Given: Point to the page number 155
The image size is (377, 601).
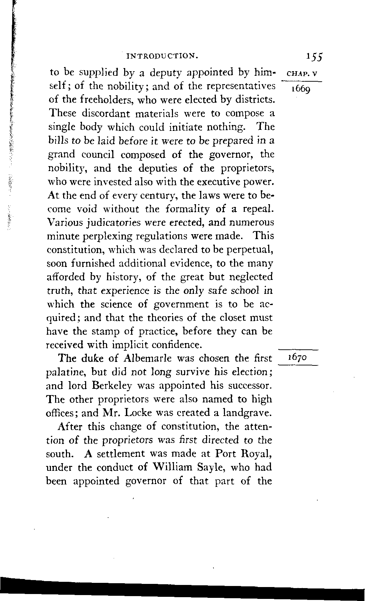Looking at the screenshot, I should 314,57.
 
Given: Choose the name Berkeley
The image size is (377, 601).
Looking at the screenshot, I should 113,386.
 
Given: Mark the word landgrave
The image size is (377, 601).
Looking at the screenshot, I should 247,413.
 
